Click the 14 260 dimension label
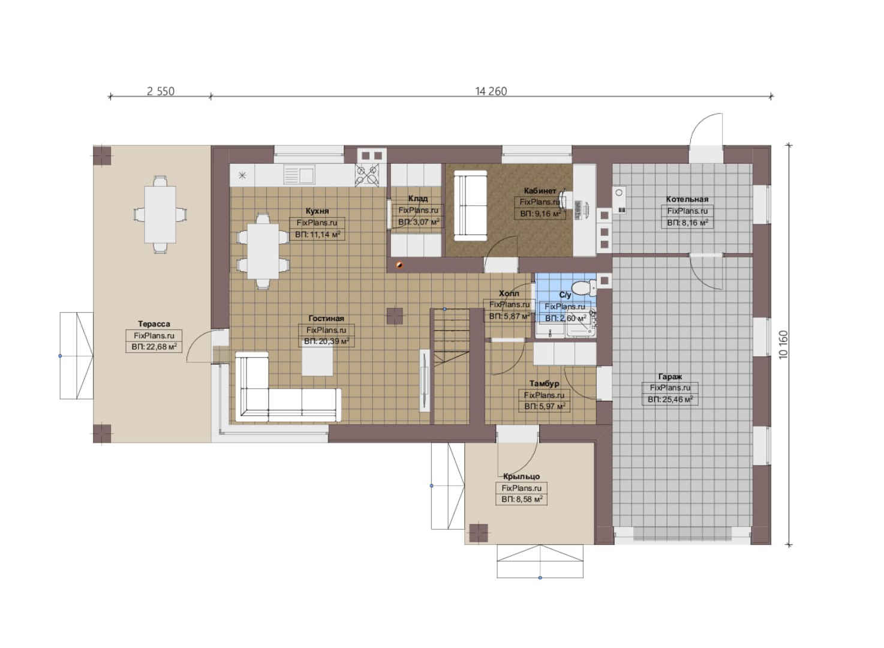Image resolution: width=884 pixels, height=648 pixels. point(491,91)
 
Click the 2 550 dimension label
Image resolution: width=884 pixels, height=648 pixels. point(160,91)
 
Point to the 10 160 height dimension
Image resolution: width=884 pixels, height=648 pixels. point(783,345)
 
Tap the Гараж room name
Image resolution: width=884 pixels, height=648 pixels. point(670,376)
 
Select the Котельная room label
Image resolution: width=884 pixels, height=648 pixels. point(687,199)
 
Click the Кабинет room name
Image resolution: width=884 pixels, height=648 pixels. point(540,191)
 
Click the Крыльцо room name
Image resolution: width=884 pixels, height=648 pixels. point(521,476)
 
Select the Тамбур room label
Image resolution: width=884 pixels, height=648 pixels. point(544,383)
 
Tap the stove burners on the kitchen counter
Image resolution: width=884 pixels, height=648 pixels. point(367,175)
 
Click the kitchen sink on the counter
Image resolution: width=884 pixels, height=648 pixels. point(299,175)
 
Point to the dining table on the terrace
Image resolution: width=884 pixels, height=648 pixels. point(160,214)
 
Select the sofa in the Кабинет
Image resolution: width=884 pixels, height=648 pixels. point(470,205)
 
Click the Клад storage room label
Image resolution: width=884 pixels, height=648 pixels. point(418,198)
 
